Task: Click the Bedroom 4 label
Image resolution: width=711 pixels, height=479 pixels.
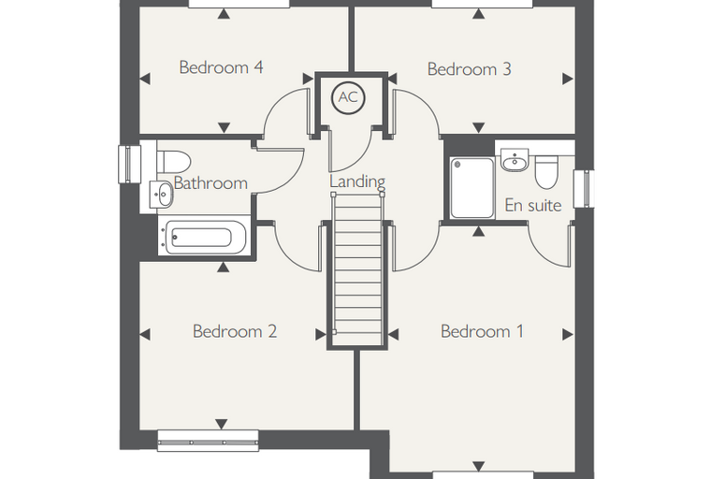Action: click(221, 67)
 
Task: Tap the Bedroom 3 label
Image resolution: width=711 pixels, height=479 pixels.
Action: click(470, 69)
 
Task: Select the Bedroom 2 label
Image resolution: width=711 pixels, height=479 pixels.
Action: click(235, 331)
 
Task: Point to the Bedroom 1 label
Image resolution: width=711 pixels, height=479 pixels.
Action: click(482, 331)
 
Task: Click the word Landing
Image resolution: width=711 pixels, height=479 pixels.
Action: click(357, 181)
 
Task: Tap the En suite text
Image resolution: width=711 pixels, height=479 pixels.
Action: click(533, 205)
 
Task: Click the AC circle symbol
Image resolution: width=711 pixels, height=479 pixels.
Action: click(348, 97)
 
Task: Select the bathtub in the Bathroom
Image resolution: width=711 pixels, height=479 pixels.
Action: click(205, 237)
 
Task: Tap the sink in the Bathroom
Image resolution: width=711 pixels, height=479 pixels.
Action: click(161, 195)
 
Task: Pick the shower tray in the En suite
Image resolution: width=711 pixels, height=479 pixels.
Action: click(472, 188)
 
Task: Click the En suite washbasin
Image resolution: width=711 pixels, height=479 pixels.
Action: click(515, 160)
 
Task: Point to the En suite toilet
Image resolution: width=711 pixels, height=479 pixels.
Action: click(546, 172)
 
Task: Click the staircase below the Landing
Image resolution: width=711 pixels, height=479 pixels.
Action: click(357, 270)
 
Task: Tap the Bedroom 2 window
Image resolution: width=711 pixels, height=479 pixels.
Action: click(208, 441)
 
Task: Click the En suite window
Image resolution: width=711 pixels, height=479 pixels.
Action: click(584, 189)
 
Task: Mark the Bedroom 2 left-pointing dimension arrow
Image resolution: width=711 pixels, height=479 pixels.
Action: click(145, 335)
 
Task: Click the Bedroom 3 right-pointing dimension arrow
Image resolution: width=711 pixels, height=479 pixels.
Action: click(568, 79)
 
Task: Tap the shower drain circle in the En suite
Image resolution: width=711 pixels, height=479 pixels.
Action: click(457, 164)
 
